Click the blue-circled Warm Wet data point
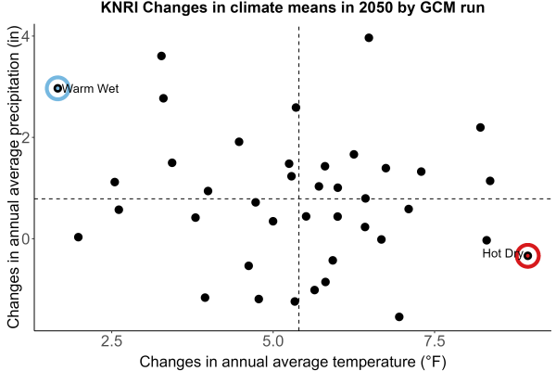coord(57,88)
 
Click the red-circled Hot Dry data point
coord(527,256)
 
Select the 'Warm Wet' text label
coord(90,88)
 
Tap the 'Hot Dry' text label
coord(502,253)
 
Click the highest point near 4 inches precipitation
coord(369,38)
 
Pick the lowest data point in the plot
coord(398,316)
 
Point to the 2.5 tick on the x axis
coord(112,341)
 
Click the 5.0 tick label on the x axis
coord(273,341)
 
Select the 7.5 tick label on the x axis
coord(435,341)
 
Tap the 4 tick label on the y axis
coord(26,36)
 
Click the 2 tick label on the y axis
coord(26,137)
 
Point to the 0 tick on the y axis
coord(26,238)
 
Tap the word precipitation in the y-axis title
coord(14,106)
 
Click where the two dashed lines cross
coord(299,198)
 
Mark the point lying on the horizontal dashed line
coord(365,198)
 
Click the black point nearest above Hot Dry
coord(486,240)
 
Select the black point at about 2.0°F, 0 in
coord(79,237)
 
